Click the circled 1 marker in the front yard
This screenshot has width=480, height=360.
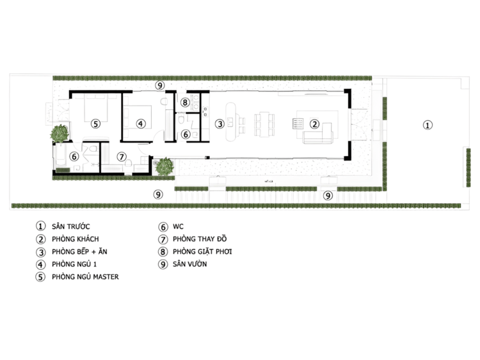point(428,125)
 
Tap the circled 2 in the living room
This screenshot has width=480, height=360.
point(314,124)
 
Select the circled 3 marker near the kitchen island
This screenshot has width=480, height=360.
point(220,124)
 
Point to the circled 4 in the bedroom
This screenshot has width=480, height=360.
point(141,123)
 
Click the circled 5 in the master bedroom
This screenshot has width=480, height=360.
point(96,124)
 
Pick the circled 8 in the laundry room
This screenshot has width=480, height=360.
point(184,102)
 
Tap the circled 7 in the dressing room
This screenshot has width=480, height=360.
point(122,157)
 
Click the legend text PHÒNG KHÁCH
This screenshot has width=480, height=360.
point(76,239)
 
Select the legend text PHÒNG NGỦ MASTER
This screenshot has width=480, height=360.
point(85,276)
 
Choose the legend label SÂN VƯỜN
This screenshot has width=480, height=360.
point(190,264)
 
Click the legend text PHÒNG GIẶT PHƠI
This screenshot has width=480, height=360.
point(202,251)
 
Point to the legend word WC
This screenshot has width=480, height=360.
point(178,226)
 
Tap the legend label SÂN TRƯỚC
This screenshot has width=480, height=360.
point(70,226)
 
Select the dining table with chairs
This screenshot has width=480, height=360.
point(264,124)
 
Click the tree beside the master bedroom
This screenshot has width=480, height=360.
point(60,134)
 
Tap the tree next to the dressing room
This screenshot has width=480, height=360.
point(164,167)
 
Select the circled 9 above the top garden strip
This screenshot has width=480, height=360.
point(160,85)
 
